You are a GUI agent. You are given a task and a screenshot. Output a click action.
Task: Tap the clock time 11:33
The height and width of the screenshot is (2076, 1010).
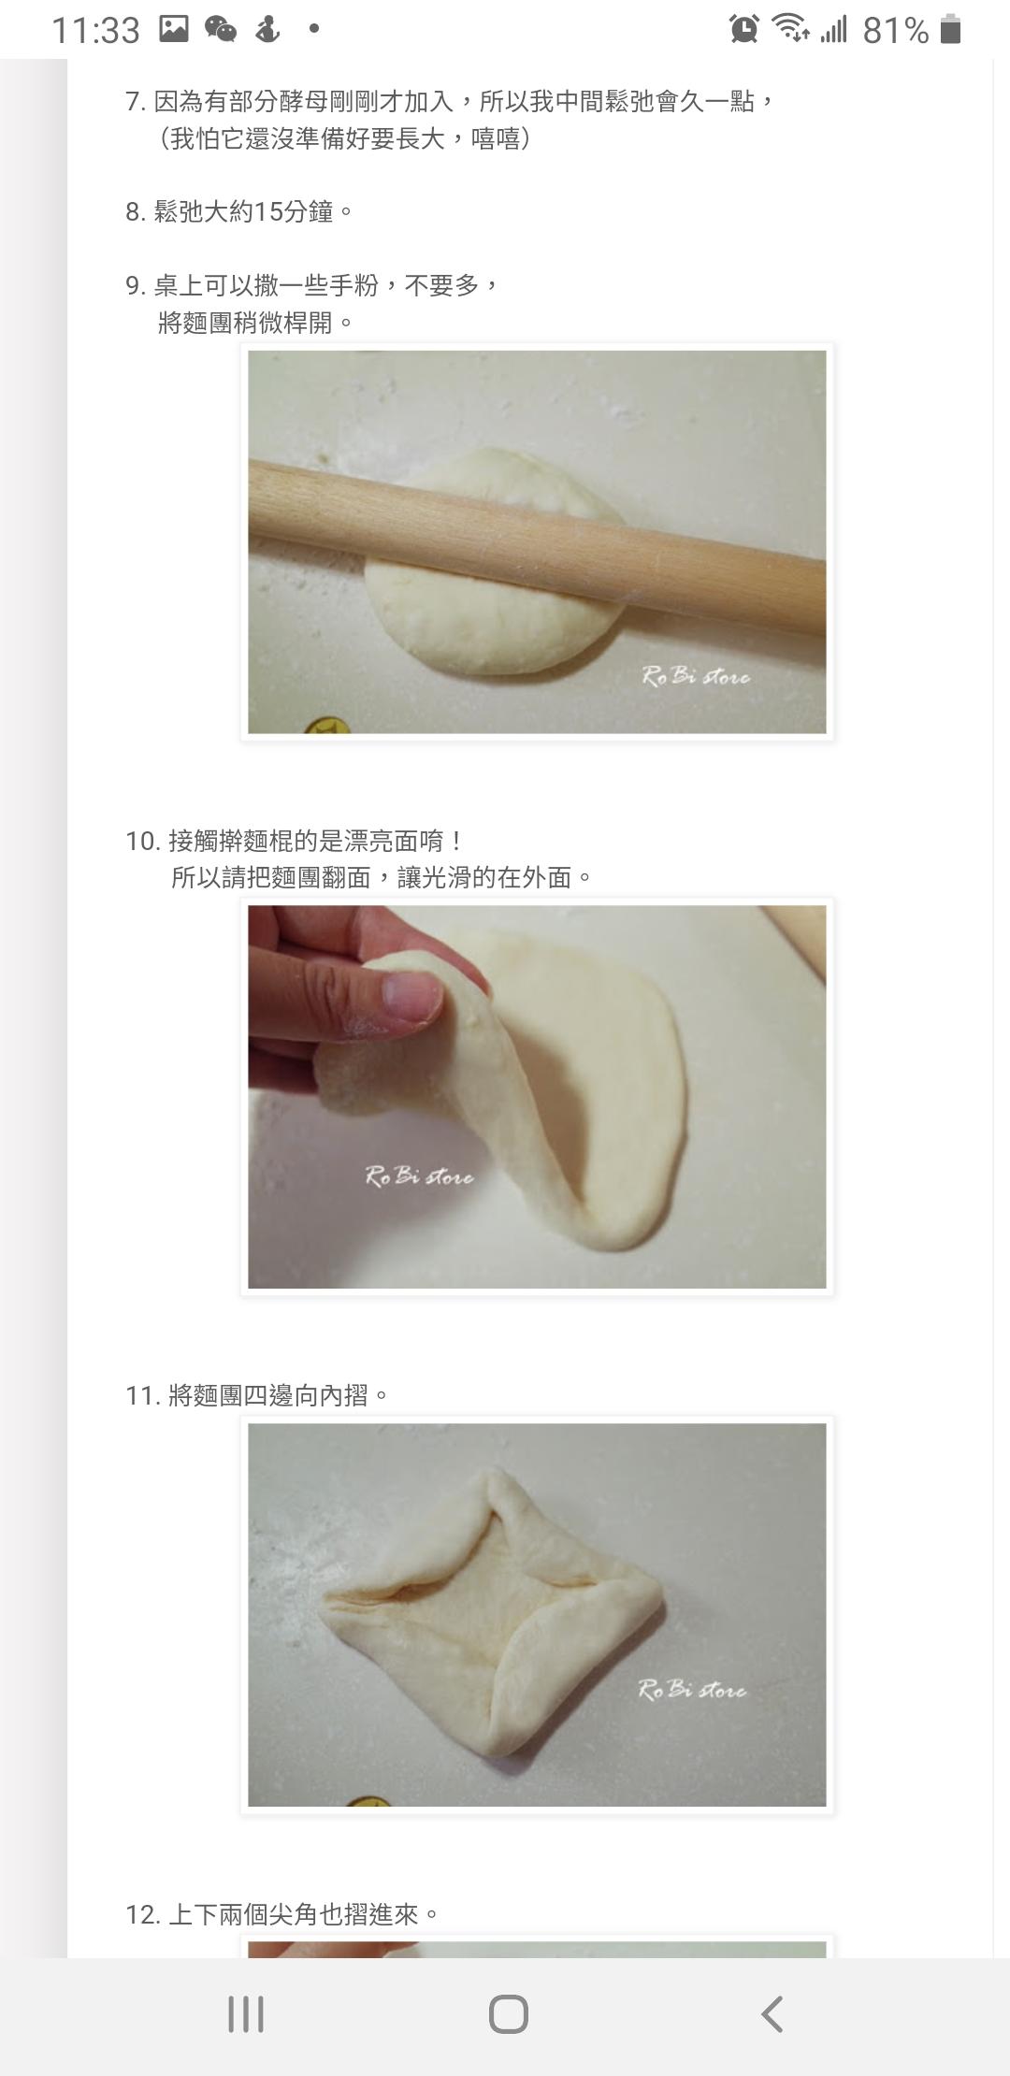[x=95, y=31]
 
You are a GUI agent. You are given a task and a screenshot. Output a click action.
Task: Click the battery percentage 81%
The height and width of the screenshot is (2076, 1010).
[x=895, y=31]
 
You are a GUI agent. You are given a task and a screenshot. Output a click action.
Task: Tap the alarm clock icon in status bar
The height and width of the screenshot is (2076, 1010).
[x=744, y=29]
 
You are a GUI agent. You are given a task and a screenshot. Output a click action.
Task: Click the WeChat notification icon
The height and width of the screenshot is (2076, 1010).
[x=221, y=29]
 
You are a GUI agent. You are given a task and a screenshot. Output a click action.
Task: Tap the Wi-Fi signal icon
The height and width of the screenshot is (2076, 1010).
[x=791, y=29]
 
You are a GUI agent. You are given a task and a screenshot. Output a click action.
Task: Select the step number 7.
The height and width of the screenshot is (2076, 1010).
[x=135, y=101]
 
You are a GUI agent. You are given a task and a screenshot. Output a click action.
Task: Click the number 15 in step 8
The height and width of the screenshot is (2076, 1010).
[x=268, y=212]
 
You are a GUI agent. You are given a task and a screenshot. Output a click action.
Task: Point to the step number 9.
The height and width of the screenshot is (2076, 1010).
[x=135, y=285]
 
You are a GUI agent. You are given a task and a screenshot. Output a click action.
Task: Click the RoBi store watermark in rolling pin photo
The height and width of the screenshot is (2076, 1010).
[x=696, y=675]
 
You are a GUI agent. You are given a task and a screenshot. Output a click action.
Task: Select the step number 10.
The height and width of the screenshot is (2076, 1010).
[x=142, y=841]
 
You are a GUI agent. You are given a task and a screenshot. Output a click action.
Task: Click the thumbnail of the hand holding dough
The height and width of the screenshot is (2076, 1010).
[x=537, y=1096]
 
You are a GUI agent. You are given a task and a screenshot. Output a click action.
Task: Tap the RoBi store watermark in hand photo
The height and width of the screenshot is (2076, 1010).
[x=419, y=1176]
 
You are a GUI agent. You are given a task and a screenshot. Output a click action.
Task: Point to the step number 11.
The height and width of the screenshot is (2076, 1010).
[x=142, y=1395]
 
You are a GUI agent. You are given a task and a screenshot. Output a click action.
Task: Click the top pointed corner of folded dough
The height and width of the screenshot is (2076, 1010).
[x=493, y=1476]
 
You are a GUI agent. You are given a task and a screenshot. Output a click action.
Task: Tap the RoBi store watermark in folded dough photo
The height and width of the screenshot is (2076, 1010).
[x=692, y=1689]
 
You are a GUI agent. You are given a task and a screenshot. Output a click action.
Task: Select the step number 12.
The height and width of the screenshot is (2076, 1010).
[x=142, y=1914]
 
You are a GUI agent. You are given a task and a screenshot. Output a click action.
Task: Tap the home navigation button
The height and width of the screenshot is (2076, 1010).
[x=508, y=2014]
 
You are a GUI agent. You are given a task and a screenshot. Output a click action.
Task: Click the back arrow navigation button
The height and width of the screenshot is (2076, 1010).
[x=772, y=2014]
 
